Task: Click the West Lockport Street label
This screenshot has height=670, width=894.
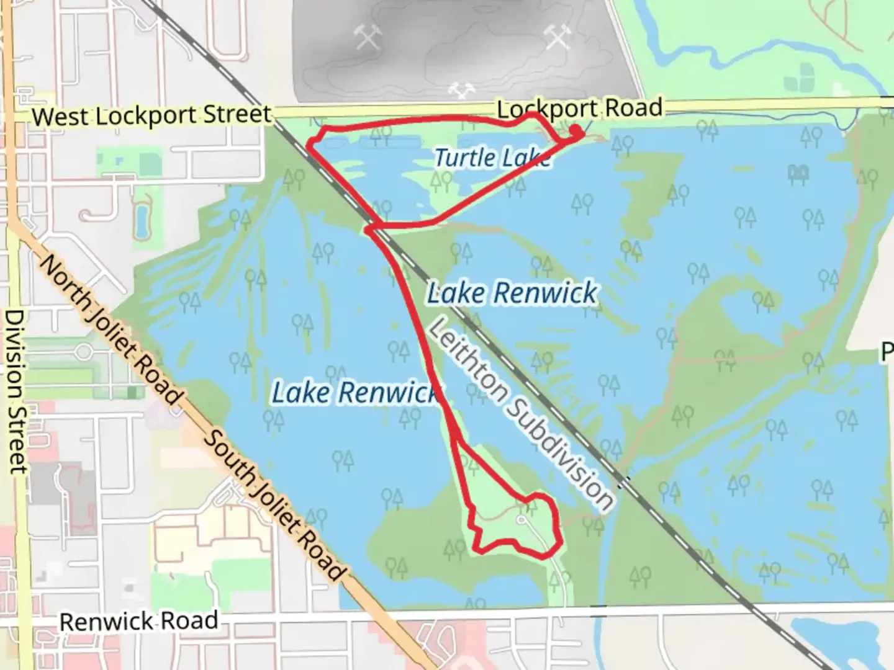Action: click(151, 115)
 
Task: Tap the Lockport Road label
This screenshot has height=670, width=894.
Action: click(580, 109)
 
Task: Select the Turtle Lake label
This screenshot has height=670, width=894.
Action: click(492, 158)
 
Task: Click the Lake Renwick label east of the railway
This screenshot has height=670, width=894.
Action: click(512, 293)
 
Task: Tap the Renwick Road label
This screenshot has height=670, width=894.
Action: click(138, 621)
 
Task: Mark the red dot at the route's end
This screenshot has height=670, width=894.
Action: click(576, 130)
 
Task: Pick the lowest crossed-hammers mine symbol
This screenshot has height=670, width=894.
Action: click(460, 91)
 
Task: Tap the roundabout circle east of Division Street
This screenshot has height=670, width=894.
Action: click(83, 352)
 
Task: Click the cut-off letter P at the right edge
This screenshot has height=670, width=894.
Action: click(887, 352)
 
